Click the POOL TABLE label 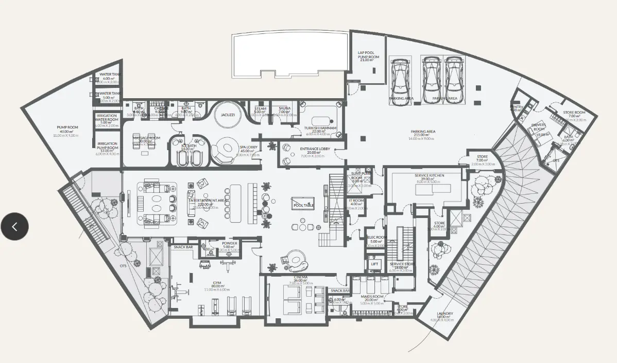click(x=303, y=205)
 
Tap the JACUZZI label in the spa click(x=228, y=115)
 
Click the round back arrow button click(x=14, y=226)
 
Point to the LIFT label click(x=374, y=264)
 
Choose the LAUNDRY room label click(x=444, y=314)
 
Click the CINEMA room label click(x=300, y=278)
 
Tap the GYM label click(x=217, y=283)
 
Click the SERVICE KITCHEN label click(x=429, y=175)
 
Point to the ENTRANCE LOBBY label click(x=314, y=149)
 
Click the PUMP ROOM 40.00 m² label click(x=67, y=127)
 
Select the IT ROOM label click(x=356, y=201)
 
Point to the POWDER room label click(x=229, y=243)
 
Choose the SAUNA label click(x=285, y=108)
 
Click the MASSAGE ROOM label click(x=147, y=138)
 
